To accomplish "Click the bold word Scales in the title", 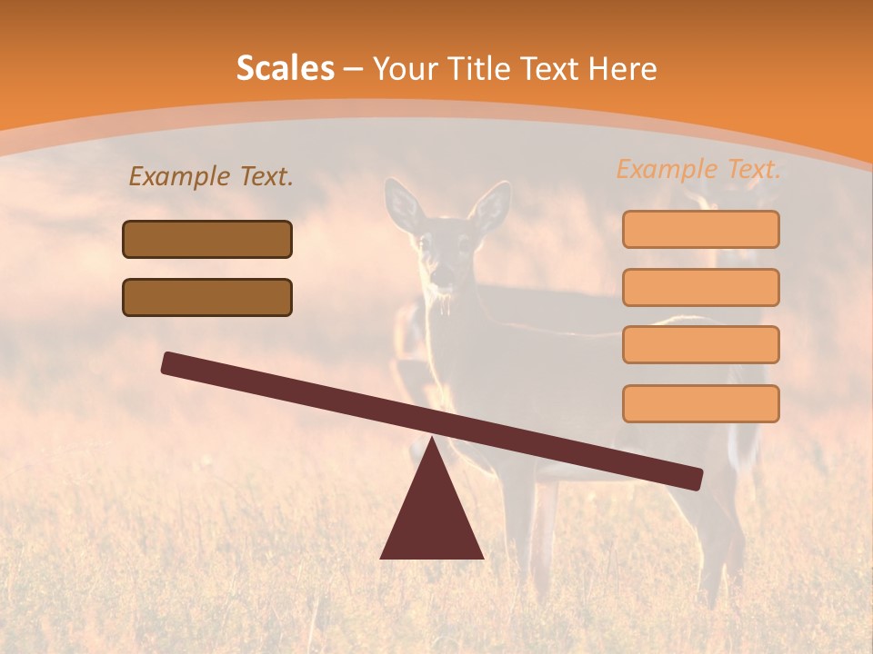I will point(285,69).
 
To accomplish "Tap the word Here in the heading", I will point(622,69).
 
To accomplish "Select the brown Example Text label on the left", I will point(211,177).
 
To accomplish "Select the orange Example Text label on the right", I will point(698,169).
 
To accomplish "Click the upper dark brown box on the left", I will point(207,239).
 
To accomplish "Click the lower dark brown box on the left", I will point(207,297).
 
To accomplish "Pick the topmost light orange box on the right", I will point(700,229).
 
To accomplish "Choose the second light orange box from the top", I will point(700,287).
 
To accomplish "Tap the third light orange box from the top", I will point(700,345).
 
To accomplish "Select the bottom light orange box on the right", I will point(700,403).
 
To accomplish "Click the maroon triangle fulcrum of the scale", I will point(431,518).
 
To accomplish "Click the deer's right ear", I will point(492,207).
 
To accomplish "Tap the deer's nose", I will point(443,279).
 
